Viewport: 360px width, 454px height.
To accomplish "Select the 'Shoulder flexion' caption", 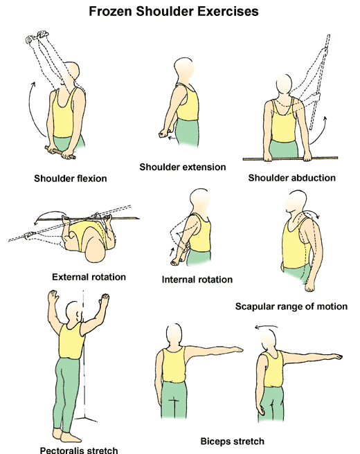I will pos(71,178).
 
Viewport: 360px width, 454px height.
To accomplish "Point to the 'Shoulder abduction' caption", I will pos(291,178).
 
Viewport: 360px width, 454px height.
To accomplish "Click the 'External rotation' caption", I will pos(89,277).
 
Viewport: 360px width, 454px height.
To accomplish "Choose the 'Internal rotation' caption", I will pos(197,280).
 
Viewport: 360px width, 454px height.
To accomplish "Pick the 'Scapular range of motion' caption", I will pos(291,306).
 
